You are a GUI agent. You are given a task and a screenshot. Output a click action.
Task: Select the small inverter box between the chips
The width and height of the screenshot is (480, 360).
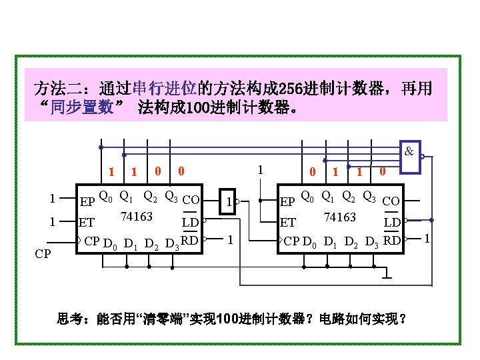(x=229, y=199)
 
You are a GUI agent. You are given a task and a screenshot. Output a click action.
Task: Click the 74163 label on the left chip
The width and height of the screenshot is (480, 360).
(x=137, y=216)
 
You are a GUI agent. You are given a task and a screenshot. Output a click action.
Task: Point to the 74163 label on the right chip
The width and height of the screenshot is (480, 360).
(x=339, y=217)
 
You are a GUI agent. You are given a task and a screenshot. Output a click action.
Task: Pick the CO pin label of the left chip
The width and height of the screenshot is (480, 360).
(x=191, y=199)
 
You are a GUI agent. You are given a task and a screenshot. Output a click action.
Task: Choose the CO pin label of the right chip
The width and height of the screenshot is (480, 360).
(x=391, y=200)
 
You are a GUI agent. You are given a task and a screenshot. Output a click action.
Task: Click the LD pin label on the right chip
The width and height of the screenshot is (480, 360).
(x=393, y=221)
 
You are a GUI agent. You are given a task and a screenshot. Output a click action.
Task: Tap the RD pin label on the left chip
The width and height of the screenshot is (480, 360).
(x=190, y=239)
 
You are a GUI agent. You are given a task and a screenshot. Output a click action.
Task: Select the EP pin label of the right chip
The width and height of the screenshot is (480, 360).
(x=288, y=200)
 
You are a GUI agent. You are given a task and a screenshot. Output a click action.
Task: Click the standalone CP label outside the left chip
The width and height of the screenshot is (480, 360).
(x=43, y=254)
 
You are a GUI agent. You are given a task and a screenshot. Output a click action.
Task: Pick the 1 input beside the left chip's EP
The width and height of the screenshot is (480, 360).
(x=52, y=198)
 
